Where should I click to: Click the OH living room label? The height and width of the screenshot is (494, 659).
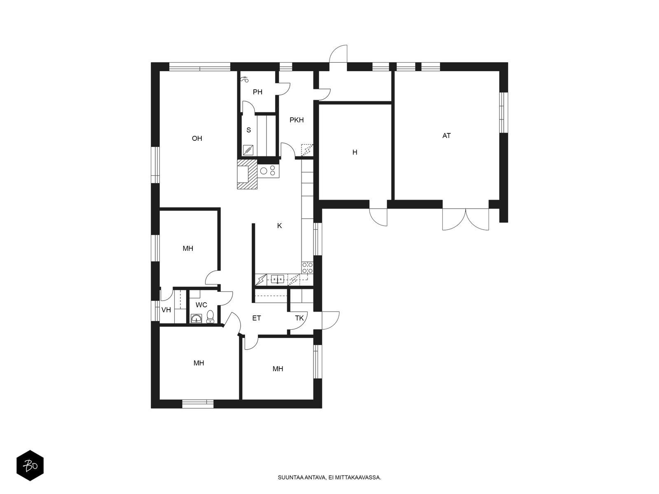(197, 138)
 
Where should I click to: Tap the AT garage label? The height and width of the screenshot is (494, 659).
(446, 135)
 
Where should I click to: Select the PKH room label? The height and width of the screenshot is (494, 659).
(297, 120)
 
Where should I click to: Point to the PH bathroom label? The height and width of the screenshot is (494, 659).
(257, 92)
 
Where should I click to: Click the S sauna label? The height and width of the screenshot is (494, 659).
(249, 130)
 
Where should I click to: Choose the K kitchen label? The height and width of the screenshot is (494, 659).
(280, 226)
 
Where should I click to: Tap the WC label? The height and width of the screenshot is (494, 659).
(201, 305)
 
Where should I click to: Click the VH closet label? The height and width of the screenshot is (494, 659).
(166, 310)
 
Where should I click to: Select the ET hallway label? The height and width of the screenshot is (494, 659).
(257, 318)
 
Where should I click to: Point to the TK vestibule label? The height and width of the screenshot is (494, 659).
(299, 318)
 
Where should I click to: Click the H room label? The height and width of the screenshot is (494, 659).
(355, 152)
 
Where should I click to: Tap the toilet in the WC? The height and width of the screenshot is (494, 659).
(210, 317)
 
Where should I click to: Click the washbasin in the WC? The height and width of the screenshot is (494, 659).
(196, 318)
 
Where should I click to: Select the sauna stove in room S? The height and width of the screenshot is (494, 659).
(248, 150)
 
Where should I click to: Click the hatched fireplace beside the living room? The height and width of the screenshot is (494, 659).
(248, 174)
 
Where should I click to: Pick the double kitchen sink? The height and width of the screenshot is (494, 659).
(278, 279)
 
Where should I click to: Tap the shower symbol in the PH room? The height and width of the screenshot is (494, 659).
(245, 79)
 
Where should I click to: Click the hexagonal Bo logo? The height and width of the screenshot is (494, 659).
(30, 466)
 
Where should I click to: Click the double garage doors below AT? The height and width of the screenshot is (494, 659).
(466, 219)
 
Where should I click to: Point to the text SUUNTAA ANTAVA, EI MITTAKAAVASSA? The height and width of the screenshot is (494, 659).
(329, 478)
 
